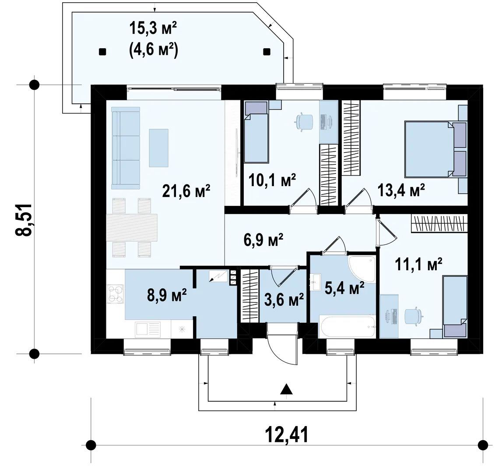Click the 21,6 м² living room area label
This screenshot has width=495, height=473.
(x=186, y=191)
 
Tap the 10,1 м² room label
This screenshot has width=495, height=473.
(x=272, y=180)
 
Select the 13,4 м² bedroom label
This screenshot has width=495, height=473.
(x=401, y=191)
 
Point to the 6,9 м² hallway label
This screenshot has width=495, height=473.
(x=263, y=240)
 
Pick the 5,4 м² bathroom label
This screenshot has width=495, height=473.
(x=344, y=289)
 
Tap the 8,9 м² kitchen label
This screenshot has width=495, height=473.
(x=167, y=296)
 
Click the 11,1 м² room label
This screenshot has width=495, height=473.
(x=418, y=265)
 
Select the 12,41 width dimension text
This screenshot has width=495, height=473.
(x=287, y=435)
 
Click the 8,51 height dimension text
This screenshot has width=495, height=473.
(x=24, y=219)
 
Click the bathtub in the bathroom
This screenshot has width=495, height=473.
(x=347, y=326)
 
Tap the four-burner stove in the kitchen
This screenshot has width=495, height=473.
(x=115, y=294)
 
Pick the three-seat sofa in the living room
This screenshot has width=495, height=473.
(x=125, y=148)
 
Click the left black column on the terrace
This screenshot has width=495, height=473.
(x=102, y=52)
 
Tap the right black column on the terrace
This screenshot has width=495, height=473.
(x=267, y=52)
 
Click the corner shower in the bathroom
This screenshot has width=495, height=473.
(x=362, y=269)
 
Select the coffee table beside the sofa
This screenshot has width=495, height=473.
(x=158, y=148)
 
